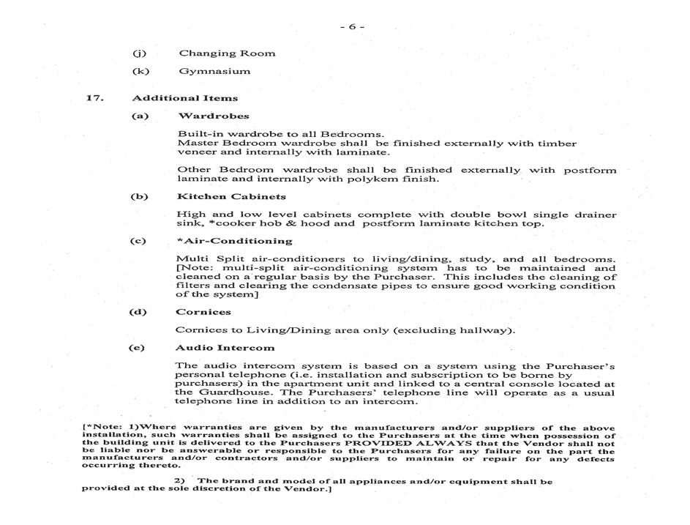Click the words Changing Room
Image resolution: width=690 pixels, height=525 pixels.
click(x=227, y=53)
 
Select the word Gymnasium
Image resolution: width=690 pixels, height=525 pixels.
click(x=214, y=71)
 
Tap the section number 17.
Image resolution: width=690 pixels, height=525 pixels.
click(x=94, y=98)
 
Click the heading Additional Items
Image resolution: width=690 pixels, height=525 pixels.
click(x=184, y=98)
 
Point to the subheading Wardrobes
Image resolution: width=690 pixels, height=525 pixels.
click(x=213, y=116)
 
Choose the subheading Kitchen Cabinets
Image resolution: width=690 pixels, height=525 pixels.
click(x=231, y=196)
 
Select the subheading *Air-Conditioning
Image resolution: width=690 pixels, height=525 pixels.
click(x=234, y=241)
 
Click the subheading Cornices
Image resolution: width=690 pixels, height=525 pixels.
click(x=203, y=312)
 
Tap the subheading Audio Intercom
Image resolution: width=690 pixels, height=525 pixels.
click(x=225, y=348)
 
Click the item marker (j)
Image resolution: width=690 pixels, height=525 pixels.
click(x=139, y=53)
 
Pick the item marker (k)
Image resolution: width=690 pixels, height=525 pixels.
click(x=140, y=71)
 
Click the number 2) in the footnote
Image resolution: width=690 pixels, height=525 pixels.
click(x=180, y=481)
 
